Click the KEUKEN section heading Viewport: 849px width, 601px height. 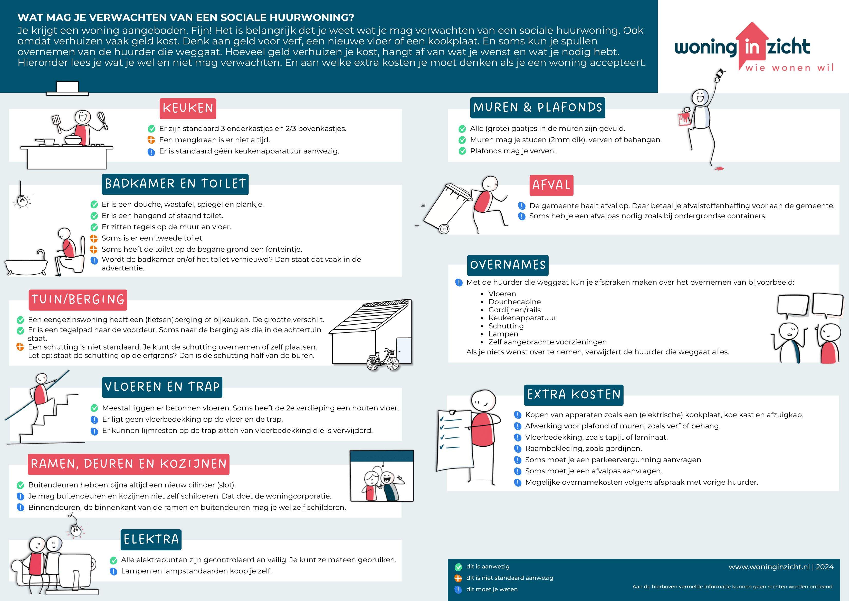pyautogui.click(x=188, y=108)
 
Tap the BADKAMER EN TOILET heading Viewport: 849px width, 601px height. pyautogui.click(x=175, y=184)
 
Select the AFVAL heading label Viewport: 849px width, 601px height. pyautogui.click(x=551, y=185)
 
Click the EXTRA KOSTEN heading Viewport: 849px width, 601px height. pyautogui.click(x=573, y=395)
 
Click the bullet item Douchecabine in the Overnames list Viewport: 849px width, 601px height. pyautogui.click(x=514, y=302)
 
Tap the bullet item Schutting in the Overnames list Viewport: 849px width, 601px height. pyautogui.click(x=506, y=326)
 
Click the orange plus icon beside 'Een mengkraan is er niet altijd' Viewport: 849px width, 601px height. pyautogui.click(x=151, y=140)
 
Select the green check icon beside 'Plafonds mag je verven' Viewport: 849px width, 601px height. pyautogui.click(x=462, y=151)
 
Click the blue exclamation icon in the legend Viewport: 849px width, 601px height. pyautogui.click(x=458, y=589)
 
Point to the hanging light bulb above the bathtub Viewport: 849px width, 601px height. pyautogui.click(x=22, y=200)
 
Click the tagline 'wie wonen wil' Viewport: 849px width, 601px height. pyautogui.click(x=789, y=68)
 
